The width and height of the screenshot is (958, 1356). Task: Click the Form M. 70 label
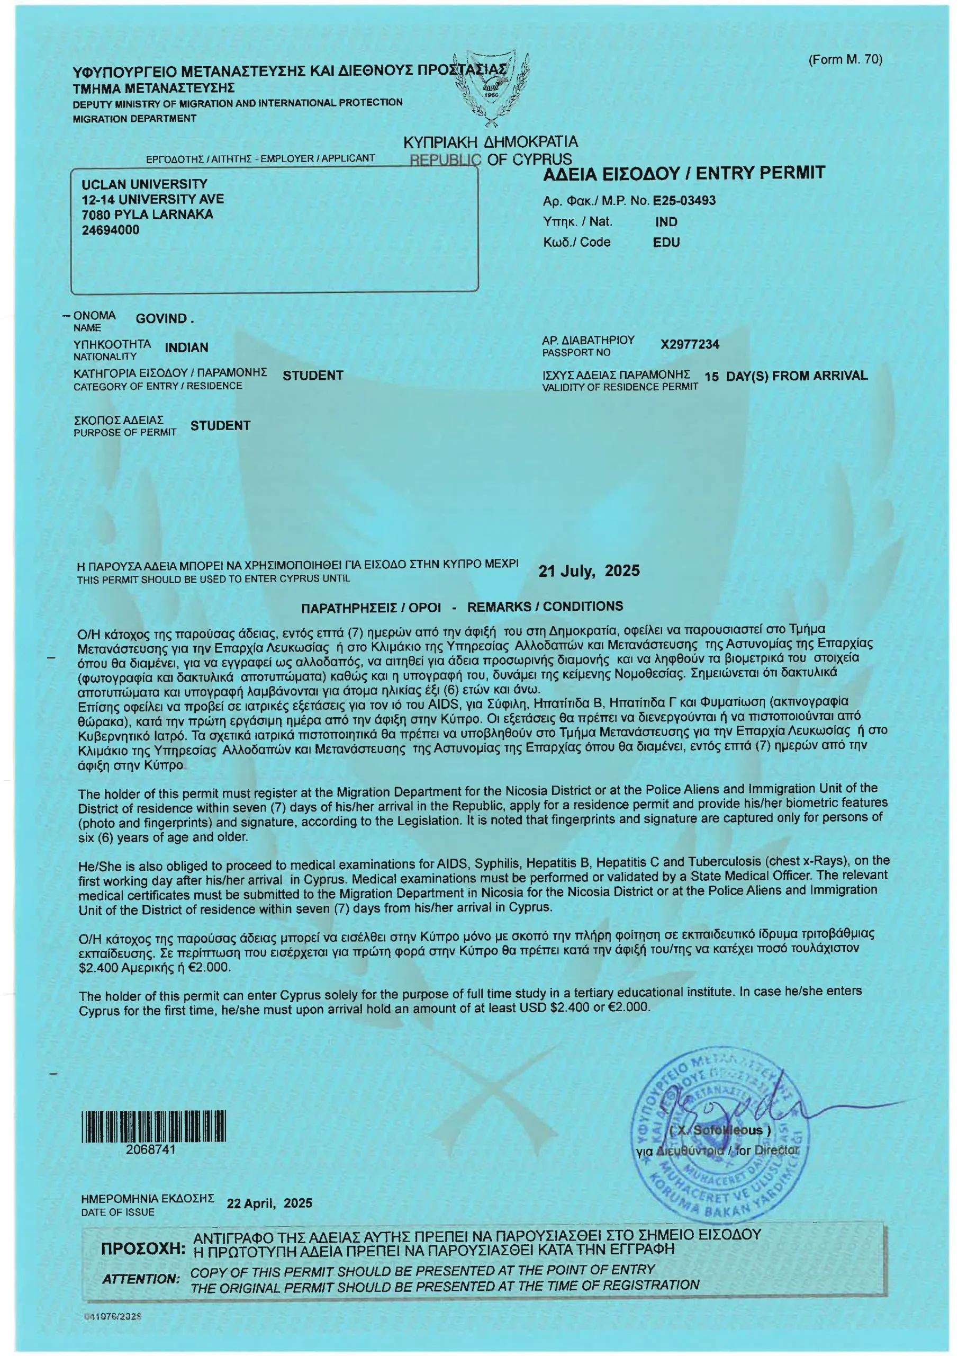pos(845,60)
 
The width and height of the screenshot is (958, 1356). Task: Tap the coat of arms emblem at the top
pos(491,88)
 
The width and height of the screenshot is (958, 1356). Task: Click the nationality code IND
pos(666,222)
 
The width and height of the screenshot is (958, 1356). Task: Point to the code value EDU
pos(666,242)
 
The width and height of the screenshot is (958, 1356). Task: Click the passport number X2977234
pos(690,344)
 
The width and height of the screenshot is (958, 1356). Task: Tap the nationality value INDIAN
pos(186,347)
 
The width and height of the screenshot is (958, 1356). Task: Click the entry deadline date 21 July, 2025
pos(589,570)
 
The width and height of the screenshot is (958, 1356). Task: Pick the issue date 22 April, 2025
pos(269,1203)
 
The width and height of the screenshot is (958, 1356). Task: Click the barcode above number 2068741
pos(153,1126)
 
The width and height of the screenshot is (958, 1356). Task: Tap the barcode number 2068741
pos(150,1150)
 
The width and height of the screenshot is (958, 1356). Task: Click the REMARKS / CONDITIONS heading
pos(545,606)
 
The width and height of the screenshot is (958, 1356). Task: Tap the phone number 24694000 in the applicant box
pos(111,230)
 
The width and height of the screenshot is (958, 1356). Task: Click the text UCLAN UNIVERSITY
pos(144,184)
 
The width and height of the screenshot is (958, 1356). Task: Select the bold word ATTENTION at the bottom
pos(140,1279)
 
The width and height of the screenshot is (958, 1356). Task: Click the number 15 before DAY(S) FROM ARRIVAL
pos(711,376)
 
